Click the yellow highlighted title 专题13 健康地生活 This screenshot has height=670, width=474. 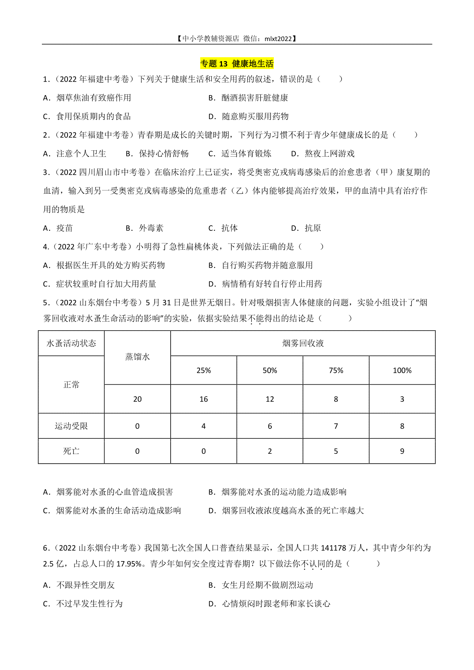(x=237, y=64)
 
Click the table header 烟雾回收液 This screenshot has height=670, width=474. (x=303, y=343)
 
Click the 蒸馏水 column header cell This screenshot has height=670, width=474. (x=137, y=357)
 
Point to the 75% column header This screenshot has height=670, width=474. (x=336, y=371)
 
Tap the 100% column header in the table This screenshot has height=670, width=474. (x=402, y=371)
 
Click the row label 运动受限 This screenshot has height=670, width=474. (x=71, y=426)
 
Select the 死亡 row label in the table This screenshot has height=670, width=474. (x=71, y=451)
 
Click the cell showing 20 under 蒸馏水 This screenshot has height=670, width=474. (x=137, y=399)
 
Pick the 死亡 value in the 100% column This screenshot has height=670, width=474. (x=402, y=451)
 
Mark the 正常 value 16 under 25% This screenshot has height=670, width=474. (x=203, y=399)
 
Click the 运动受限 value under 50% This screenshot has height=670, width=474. (x=270, y=426)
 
